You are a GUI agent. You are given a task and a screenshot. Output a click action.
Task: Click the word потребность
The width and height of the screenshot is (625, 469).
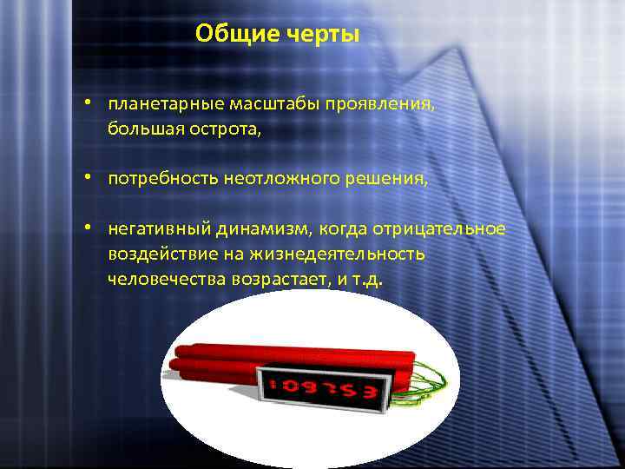point(162,180)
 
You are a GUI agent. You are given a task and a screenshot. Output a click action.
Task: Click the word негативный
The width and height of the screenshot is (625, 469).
point(154,229)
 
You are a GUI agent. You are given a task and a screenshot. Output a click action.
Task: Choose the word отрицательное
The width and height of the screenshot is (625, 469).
point(438,229)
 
